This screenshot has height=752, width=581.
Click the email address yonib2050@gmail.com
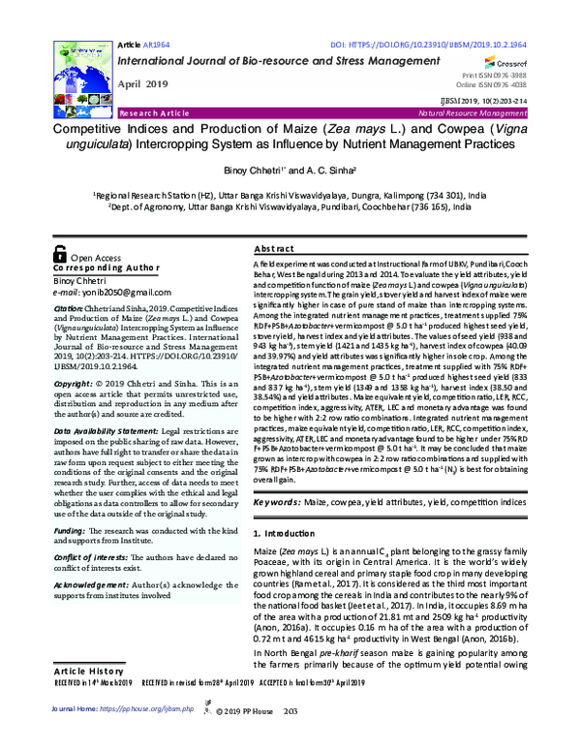(118, 292)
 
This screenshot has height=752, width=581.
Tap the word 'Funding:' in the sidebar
(70, 531)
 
